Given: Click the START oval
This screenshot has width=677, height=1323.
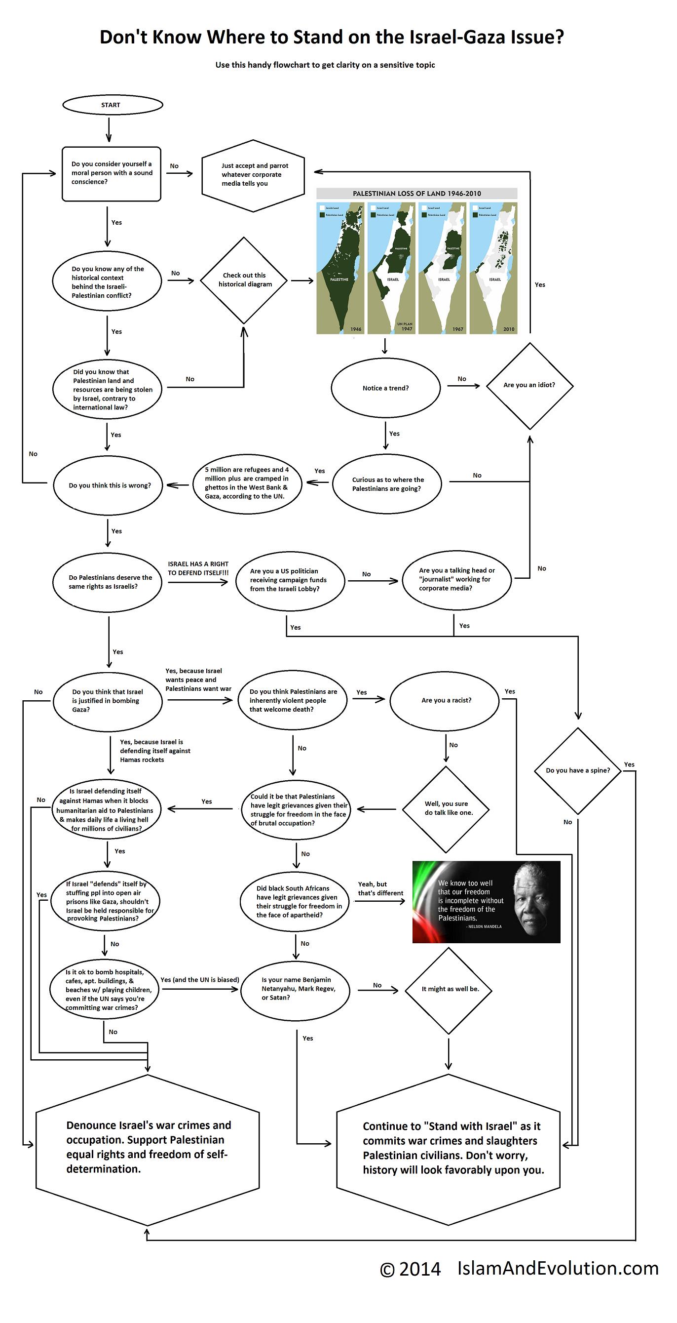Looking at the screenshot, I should point(112,105).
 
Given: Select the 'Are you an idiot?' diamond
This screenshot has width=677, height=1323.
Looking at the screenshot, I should point(529,385).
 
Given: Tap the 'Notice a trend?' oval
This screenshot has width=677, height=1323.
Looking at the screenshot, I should point(385,388).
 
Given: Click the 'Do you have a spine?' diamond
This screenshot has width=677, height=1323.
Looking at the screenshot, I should point(578,770).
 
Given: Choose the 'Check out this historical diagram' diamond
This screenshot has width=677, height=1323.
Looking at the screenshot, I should point(244,281).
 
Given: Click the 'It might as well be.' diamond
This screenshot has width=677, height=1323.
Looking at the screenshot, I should point(450,989).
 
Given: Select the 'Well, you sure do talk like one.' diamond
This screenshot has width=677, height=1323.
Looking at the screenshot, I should point(447,808).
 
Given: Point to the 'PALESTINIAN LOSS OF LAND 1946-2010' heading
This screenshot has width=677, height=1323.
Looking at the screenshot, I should point(417,194).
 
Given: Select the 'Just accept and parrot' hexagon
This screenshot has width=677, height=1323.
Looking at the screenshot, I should point(253,175).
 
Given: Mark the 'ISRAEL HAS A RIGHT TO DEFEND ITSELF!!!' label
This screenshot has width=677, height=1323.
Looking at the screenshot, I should point(198,568).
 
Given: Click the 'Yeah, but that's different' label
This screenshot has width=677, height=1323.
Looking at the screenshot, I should point(380,888).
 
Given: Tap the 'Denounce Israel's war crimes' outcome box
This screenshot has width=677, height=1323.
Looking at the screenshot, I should point(148,1147).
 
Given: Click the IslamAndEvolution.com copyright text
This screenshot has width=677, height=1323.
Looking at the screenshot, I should point(519,1269).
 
